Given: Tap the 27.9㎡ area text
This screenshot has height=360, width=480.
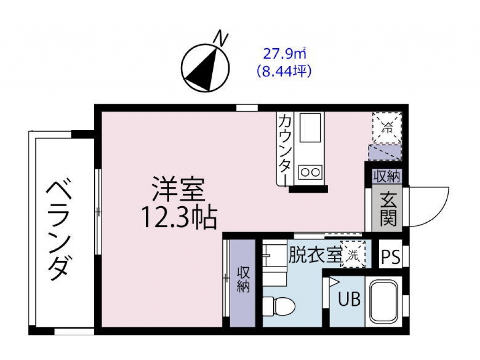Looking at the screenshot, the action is point(285,54).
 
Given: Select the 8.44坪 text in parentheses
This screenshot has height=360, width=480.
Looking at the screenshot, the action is point(285,71).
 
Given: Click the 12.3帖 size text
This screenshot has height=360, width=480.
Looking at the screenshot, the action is point(179,217).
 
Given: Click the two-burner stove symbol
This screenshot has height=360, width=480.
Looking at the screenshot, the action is point(310,172).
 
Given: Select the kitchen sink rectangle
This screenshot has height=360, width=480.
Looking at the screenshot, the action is point(310,127).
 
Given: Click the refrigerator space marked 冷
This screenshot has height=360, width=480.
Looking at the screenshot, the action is point(387,127).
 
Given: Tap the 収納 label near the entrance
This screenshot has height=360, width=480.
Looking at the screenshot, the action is point(387,176).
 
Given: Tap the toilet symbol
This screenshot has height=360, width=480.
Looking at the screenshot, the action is point(278,305).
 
